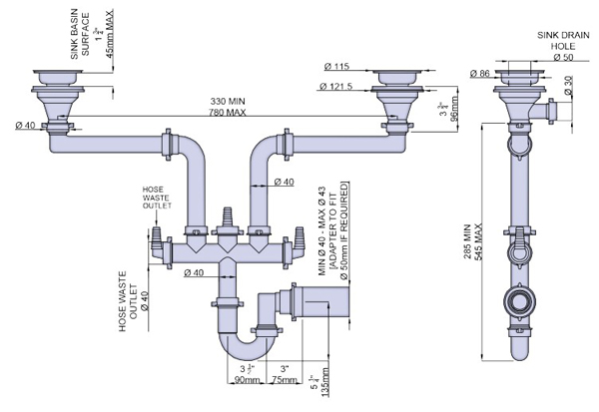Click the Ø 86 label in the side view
pos(482,73)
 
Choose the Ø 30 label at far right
pos(567,90)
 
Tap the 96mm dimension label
pos(453,109)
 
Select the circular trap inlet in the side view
pos(517,301)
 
